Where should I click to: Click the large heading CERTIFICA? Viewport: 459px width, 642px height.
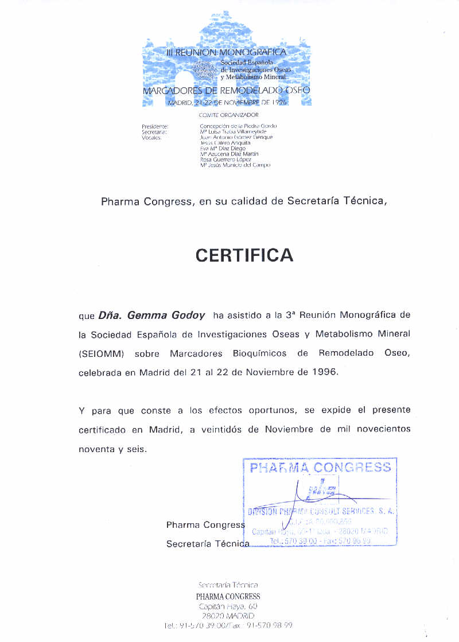point(244,255)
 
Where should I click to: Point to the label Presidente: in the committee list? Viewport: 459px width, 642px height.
point(154,126)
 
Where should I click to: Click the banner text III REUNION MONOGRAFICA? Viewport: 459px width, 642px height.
point(225,52)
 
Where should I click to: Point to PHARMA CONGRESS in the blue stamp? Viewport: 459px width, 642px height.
point(320,468)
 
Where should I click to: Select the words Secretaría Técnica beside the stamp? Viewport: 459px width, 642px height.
point(208,543)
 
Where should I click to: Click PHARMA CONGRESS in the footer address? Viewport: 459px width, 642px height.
point(228,596)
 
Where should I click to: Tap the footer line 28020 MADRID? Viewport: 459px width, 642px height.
point(228,616)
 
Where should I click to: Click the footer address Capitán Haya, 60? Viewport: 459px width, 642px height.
point(228,606)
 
